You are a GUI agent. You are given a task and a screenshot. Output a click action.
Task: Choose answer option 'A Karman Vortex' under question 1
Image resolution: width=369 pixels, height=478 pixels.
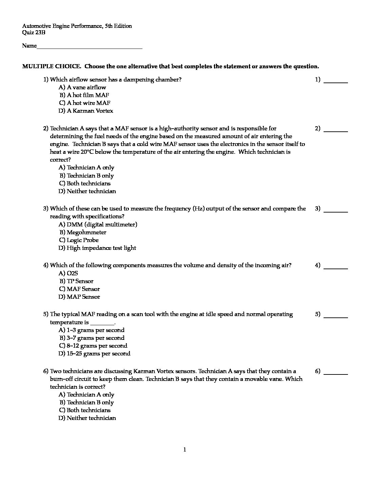coord(86,111)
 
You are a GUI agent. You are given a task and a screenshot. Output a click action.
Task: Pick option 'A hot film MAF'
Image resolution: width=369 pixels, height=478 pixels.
coord(84,95)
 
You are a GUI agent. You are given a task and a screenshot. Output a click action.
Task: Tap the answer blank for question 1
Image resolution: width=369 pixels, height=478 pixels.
coord(336,81)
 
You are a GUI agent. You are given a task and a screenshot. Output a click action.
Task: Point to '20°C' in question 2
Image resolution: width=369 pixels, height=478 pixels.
coord(87,152)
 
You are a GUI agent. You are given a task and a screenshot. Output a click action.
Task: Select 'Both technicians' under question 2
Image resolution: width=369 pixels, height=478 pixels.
coord(85,183)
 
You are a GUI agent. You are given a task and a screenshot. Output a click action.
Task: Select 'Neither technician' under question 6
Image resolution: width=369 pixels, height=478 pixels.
coord(87,418)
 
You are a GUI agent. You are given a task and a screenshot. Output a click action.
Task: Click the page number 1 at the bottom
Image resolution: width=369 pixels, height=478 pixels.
coord(184,450)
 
